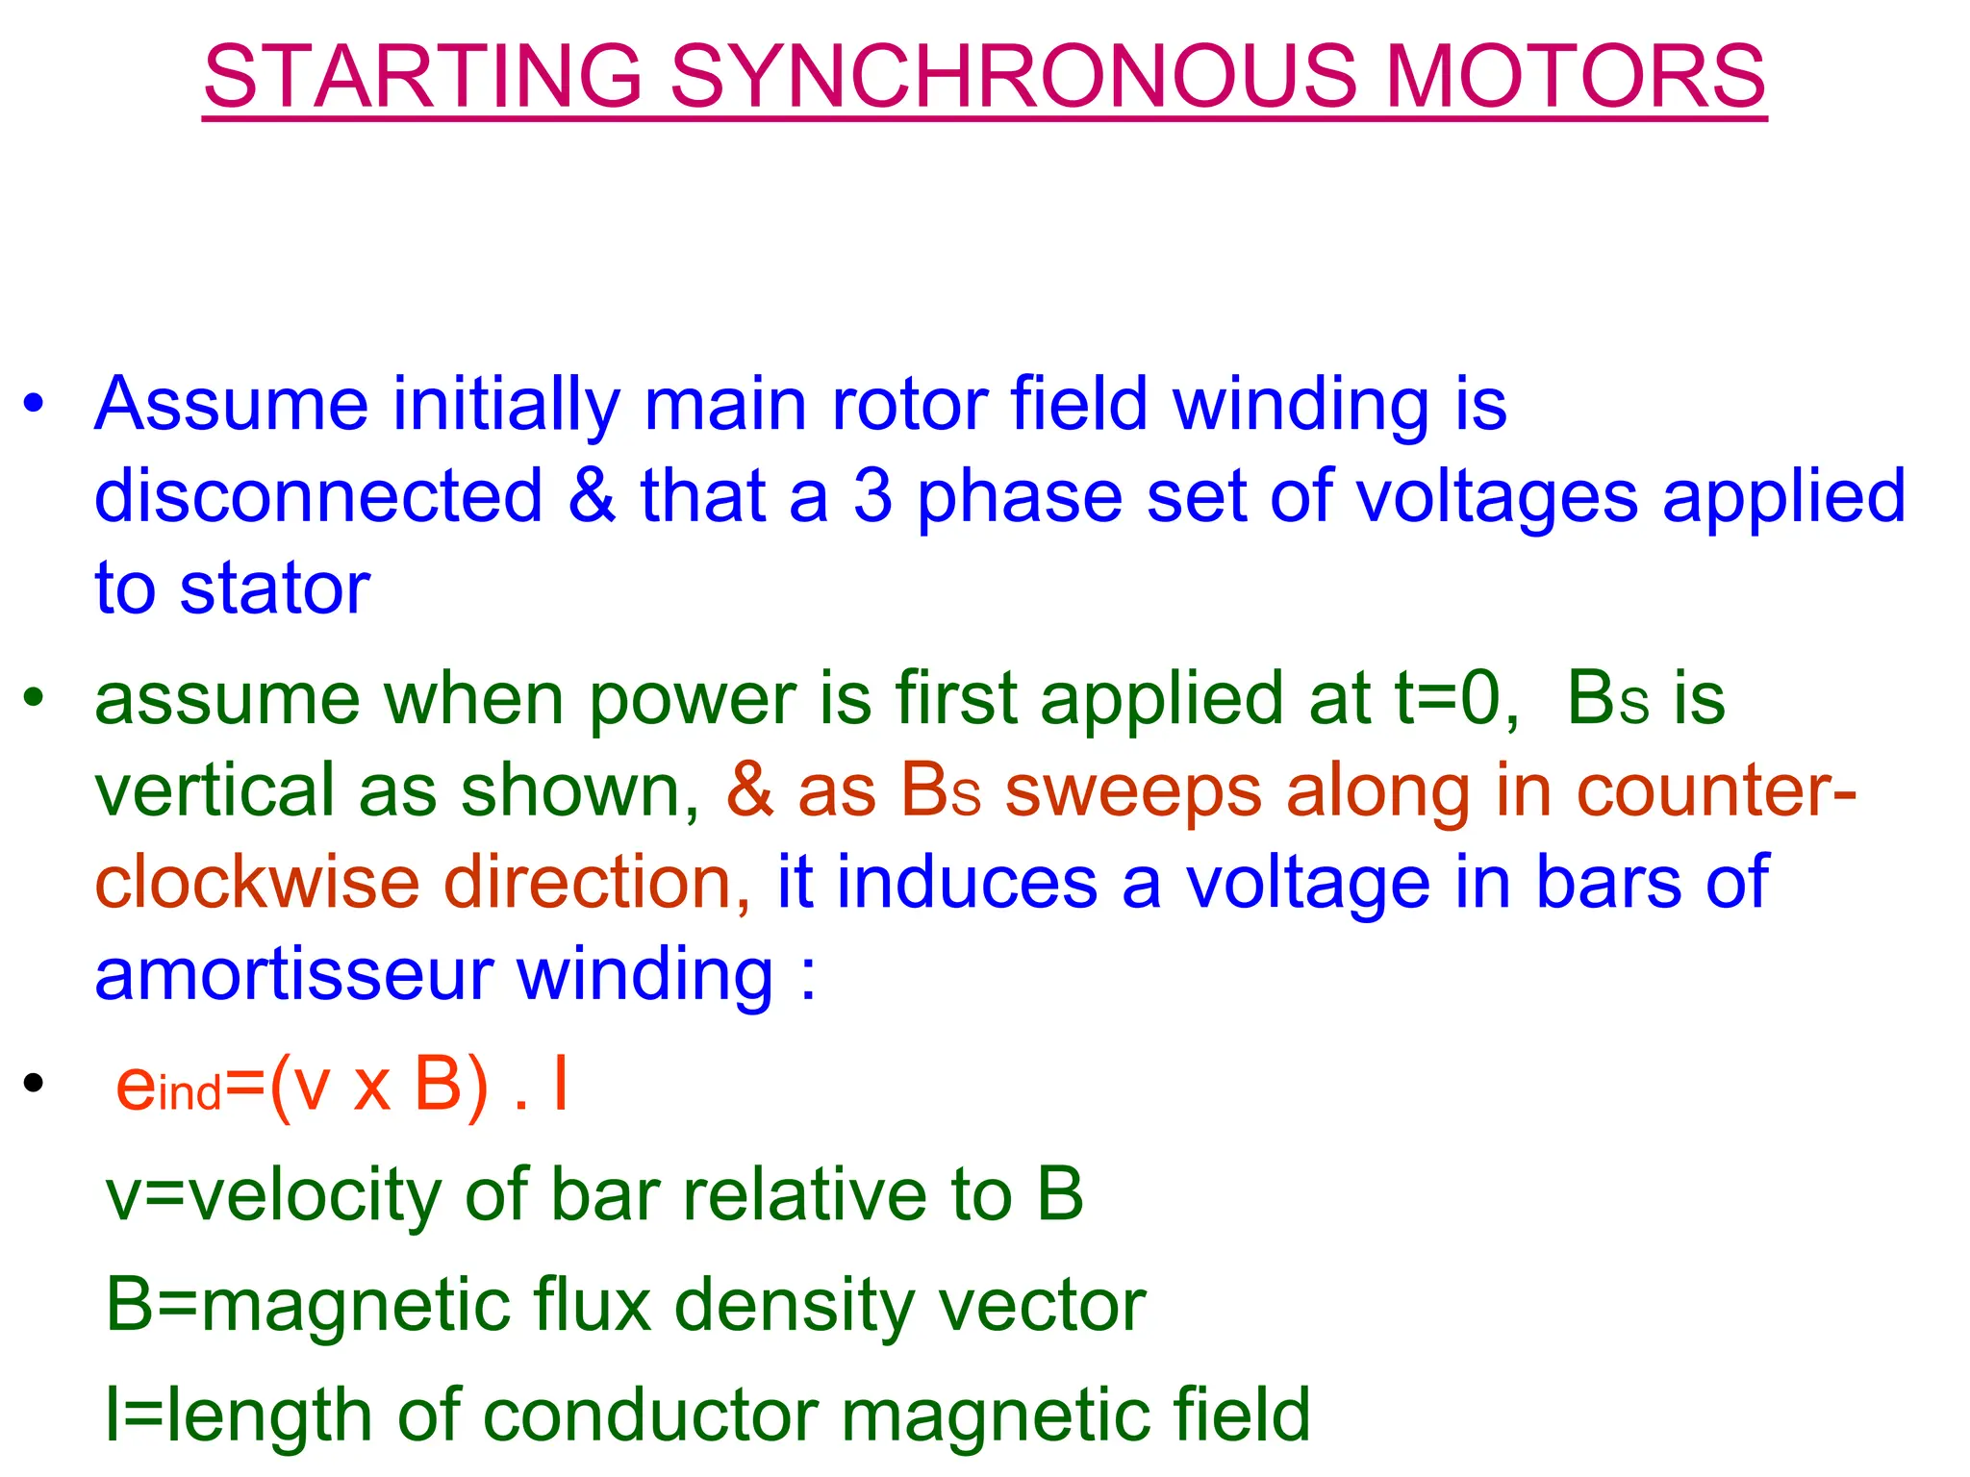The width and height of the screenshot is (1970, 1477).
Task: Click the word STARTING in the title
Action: [423, 76]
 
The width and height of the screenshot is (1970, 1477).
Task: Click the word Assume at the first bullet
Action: [232, 404]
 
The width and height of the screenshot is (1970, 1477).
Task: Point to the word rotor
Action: [908, 404]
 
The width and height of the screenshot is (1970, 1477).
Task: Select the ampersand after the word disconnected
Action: [592, 496]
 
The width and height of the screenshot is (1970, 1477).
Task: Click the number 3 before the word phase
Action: [872, 496]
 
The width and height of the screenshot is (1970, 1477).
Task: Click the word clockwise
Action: [257, 882]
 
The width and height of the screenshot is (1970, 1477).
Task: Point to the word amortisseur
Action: [293, 974]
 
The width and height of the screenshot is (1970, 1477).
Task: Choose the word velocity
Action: [315, 1194]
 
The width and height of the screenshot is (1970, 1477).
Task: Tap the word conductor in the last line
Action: [650, 1415]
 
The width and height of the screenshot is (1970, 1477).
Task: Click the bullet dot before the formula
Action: [34, 1085]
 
